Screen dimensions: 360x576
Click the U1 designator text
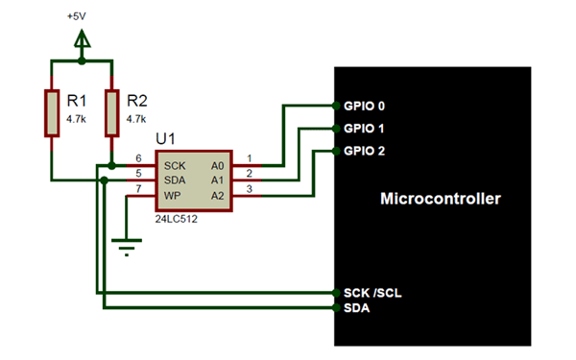point(165,139)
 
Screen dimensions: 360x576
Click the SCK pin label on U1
point(175,165)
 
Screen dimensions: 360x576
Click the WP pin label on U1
point(173,196)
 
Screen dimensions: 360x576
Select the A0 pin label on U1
point(218,165)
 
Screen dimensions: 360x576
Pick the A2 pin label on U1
point(218,196)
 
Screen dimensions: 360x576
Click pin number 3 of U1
point(250,190)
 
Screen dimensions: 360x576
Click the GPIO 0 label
point(364,105)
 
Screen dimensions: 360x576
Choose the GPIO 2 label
point(364,151)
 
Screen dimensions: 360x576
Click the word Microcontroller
point(442,200)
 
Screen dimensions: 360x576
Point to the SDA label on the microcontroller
point(356,308)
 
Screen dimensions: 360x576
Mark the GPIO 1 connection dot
point(334,128)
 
